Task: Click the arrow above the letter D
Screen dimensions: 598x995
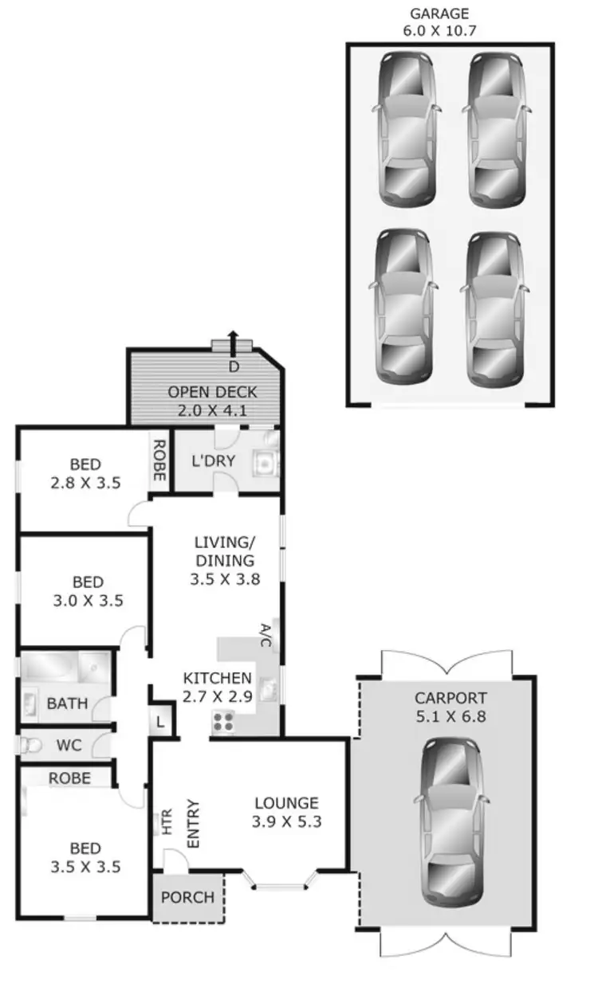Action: coord(233,343)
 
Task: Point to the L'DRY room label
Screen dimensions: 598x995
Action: coord(213,461)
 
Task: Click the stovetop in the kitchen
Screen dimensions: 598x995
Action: coord(224,722)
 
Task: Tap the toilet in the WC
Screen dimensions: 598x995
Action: coord(30,746)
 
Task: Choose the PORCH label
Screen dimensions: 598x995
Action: coord(187,897)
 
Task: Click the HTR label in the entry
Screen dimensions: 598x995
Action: coord(167,821)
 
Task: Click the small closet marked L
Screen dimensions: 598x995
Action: coord(160,721)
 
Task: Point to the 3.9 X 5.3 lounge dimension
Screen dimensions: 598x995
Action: coord(286,822)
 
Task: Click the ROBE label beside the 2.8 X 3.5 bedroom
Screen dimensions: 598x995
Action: coord(159,460)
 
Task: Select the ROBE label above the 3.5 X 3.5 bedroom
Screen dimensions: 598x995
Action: coord(69,778)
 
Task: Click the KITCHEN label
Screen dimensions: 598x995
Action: coord(218,679)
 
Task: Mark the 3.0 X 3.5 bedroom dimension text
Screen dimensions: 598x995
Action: coord(86,601)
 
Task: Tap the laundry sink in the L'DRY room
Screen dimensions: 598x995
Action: coord(263,462)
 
